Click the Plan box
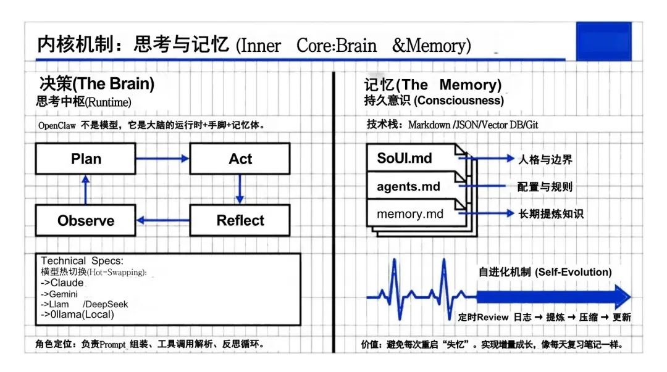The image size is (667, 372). (x=86, y=159)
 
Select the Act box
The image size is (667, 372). (x=240, y=159)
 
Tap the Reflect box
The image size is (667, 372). (x=240, y=220)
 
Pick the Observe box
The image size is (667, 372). (x=86, y=220)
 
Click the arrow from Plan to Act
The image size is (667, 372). (x=162, y=159)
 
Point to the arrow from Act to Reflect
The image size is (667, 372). (x=240, y=189)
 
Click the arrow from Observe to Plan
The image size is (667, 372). (x=86, y=189)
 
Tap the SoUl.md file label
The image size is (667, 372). (x=405, y=158)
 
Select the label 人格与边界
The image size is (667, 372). (x=545, y=159)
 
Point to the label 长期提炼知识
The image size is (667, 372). (x=550, y=214)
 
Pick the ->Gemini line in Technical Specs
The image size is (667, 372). (x=59, y=294)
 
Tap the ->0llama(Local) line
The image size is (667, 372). (x=77, y=315)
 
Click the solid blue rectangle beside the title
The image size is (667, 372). (x=603, y=41)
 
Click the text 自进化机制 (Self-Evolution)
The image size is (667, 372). (x=545, y=272)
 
